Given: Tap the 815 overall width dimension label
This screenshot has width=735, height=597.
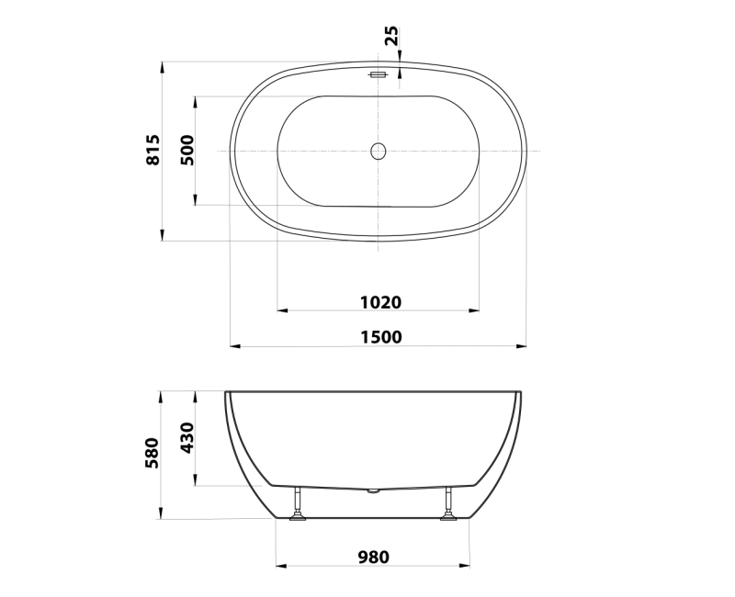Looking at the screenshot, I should [x=153, y=150].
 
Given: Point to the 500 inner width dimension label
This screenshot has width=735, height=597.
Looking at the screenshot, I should [x=187, y=150].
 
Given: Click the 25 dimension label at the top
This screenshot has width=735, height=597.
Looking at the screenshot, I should [x=391, y=36].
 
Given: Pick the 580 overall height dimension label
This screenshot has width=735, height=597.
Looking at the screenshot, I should [x=153, y=454].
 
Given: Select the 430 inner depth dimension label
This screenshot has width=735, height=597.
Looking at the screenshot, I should [x=187, y=439].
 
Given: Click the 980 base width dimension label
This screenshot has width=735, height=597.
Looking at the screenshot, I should [x=374, y=557].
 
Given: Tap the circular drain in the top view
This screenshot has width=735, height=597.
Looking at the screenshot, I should [x=378, y=151].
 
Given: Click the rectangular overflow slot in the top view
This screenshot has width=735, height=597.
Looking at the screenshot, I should [x=378, y=75].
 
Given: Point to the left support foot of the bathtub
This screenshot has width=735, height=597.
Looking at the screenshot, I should [x=299, y=508].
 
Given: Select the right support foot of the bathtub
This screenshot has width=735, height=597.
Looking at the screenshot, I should [x=449, y=508].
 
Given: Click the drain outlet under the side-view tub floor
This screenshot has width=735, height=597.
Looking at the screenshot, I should [x=372, y=491].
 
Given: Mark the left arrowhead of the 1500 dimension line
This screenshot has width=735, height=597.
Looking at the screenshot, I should [x=234, y=347].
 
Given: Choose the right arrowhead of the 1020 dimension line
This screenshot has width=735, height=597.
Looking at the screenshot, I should [x=474, y=311].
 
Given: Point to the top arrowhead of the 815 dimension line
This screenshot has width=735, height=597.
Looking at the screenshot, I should [x=163, y=67].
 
